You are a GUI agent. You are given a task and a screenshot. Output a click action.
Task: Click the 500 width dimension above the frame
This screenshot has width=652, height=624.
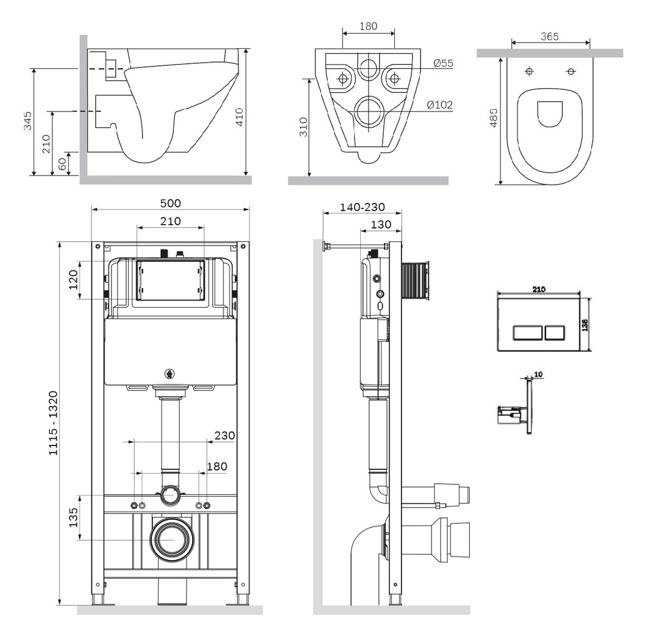click(171, 204)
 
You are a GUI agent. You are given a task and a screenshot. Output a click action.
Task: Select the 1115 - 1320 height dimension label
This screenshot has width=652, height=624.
click(54, 423)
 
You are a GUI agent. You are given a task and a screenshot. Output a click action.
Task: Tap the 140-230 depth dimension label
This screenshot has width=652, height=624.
click(363, 207)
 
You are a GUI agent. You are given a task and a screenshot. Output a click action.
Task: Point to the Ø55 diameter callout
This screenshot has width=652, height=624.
click(443, 63)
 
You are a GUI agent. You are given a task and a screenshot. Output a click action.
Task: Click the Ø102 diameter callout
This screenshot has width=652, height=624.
click(440, 105)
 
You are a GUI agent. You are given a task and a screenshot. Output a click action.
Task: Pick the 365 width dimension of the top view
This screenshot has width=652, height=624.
click(550, 37)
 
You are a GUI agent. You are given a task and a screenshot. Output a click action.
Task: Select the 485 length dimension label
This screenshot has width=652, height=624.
click(494, 118)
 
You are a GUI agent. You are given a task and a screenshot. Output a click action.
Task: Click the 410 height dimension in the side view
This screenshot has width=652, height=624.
click(239, 117)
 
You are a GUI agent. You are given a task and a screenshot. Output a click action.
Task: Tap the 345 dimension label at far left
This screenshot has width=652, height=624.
click(27, 121)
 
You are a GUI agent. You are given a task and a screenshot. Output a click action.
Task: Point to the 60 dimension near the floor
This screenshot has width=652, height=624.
click(62, 163)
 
